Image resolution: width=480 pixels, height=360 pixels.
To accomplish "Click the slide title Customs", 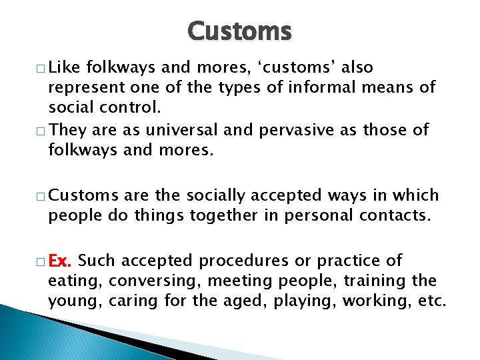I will [239, 31].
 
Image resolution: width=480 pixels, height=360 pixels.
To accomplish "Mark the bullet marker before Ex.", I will [41, 261].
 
